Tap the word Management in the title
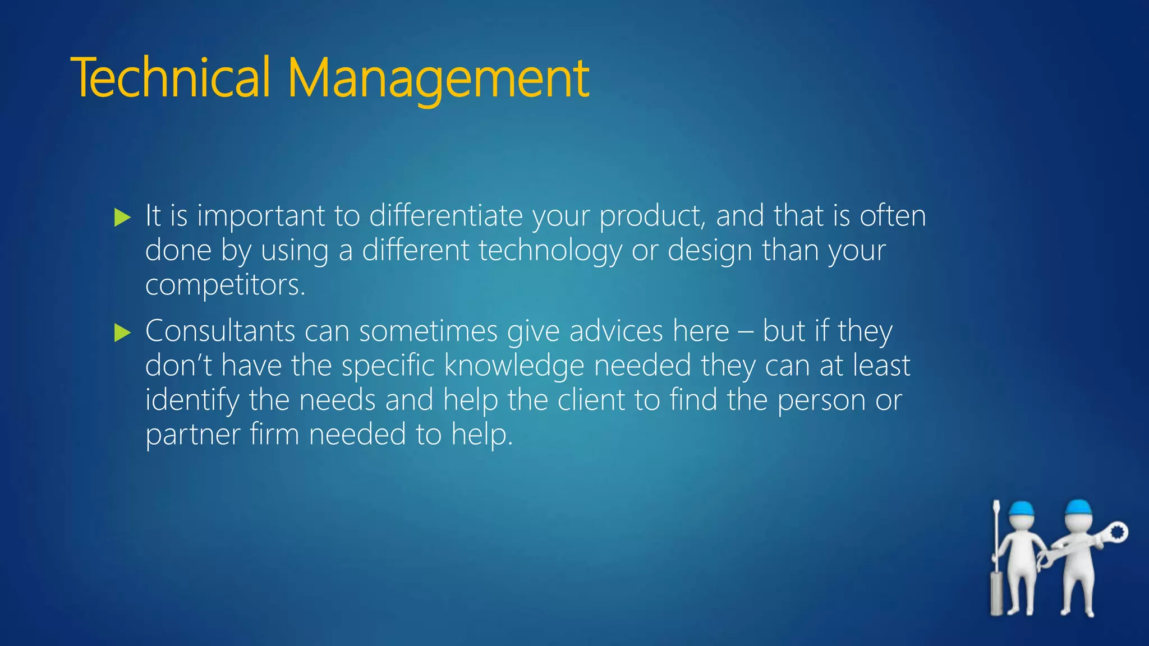[x=438, y=79]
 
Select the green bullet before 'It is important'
[x=122, y=217]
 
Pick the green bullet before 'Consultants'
[x=122, y=333]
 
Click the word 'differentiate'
[x=445, y=216]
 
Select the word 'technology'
[x=550, y=251]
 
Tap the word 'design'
[x=710, y=251]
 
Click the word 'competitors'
[x=224, y=285]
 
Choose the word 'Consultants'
[x=220, y=331]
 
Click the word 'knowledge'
[x=514, y=366]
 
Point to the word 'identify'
[x=192, y=401]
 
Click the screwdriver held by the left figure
[x=996, y=561]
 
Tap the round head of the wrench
[x=1117, y=532]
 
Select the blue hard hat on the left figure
[x=1021, y=508]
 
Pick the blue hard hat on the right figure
[x=1078, y=506]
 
